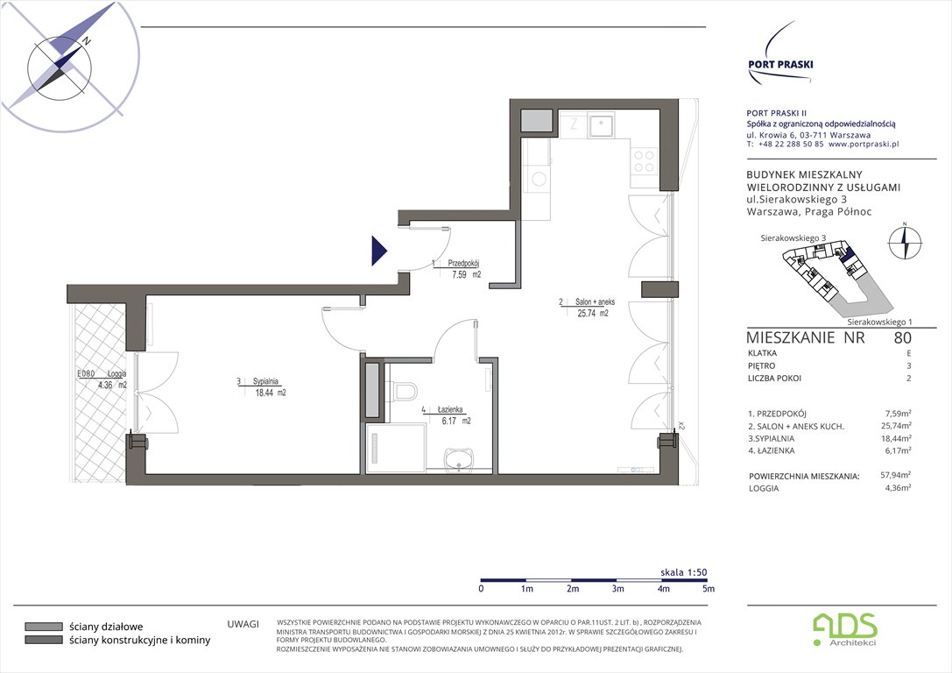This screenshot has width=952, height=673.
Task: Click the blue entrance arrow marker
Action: click(378, 251)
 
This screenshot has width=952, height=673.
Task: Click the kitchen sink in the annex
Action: click(600, 126)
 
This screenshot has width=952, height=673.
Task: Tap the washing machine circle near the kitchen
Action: click(539, 180)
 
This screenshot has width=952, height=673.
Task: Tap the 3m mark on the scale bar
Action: click(617, 589)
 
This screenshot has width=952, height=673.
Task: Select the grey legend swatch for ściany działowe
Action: click(41, 627)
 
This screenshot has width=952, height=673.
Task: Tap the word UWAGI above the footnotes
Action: click(243, 623)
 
